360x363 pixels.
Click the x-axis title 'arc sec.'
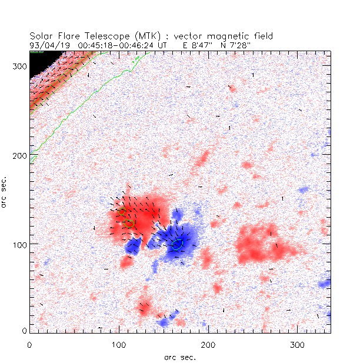pyautogui.click(x=180, y=357)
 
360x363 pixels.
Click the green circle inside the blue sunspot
pyautogui.click(x=178, y=243)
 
